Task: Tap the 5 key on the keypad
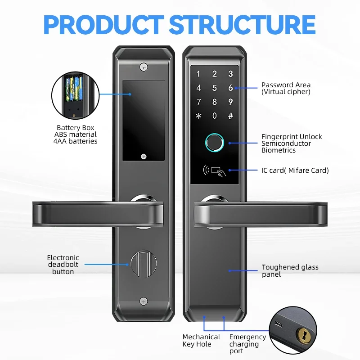[x=215, y=88]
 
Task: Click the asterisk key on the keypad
[x=198, y=116]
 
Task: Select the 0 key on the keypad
[x=215, y=116]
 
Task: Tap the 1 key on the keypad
[x=198, y=74]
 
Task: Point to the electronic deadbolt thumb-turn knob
[x=144, y=264]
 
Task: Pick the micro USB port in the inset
[x=279, y=324]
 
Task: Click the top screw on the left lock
[x=144, y=67]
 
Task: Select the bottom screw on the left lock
[x=144, y=301]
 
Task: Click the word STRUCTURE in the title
[x=243, y=25]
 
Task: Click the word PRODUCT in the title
[x=104, y=25]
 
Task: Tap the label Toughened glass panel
[x=290, y=271]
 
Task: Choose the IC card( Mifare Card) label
[x=295, y=171]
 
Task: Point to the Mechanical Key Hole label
[x=201, y=340]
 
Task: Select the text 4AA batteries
[x=75, y=141]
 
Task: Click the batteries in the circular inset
[x=74, y=89]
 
